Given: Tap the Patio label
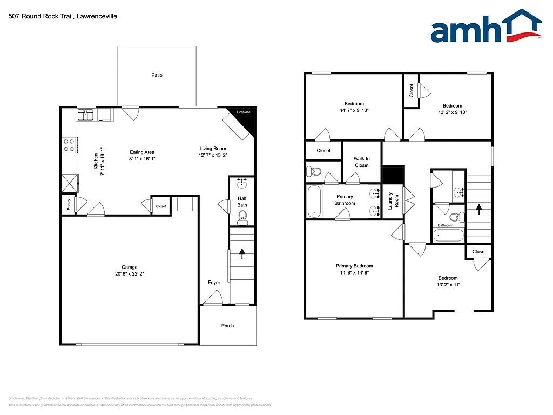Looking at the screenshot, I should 157,75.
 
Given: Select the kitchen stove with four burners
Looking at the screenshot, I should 69,145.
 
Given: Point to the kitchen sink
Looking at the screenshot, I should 86,115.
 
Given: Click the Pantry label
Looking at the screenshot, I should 69,205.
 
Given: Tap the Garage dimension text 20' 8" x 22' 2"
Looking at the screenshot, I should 130,274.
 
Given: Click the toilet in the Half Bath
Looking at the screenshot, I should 242,217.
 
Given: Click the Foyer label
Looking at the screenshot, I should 214,283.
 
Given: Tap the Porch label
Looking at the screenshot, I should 228,326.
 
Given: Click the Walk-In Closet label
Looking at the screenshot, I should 361,162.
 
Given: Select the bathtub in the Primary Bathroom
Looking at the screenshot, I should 313,202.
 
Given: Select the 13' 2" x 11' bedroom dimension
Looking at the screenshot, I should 448,285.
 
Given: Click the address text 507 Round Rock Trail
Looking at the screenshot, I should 63,16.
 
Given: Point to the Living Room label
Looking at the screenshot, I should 213,149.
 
